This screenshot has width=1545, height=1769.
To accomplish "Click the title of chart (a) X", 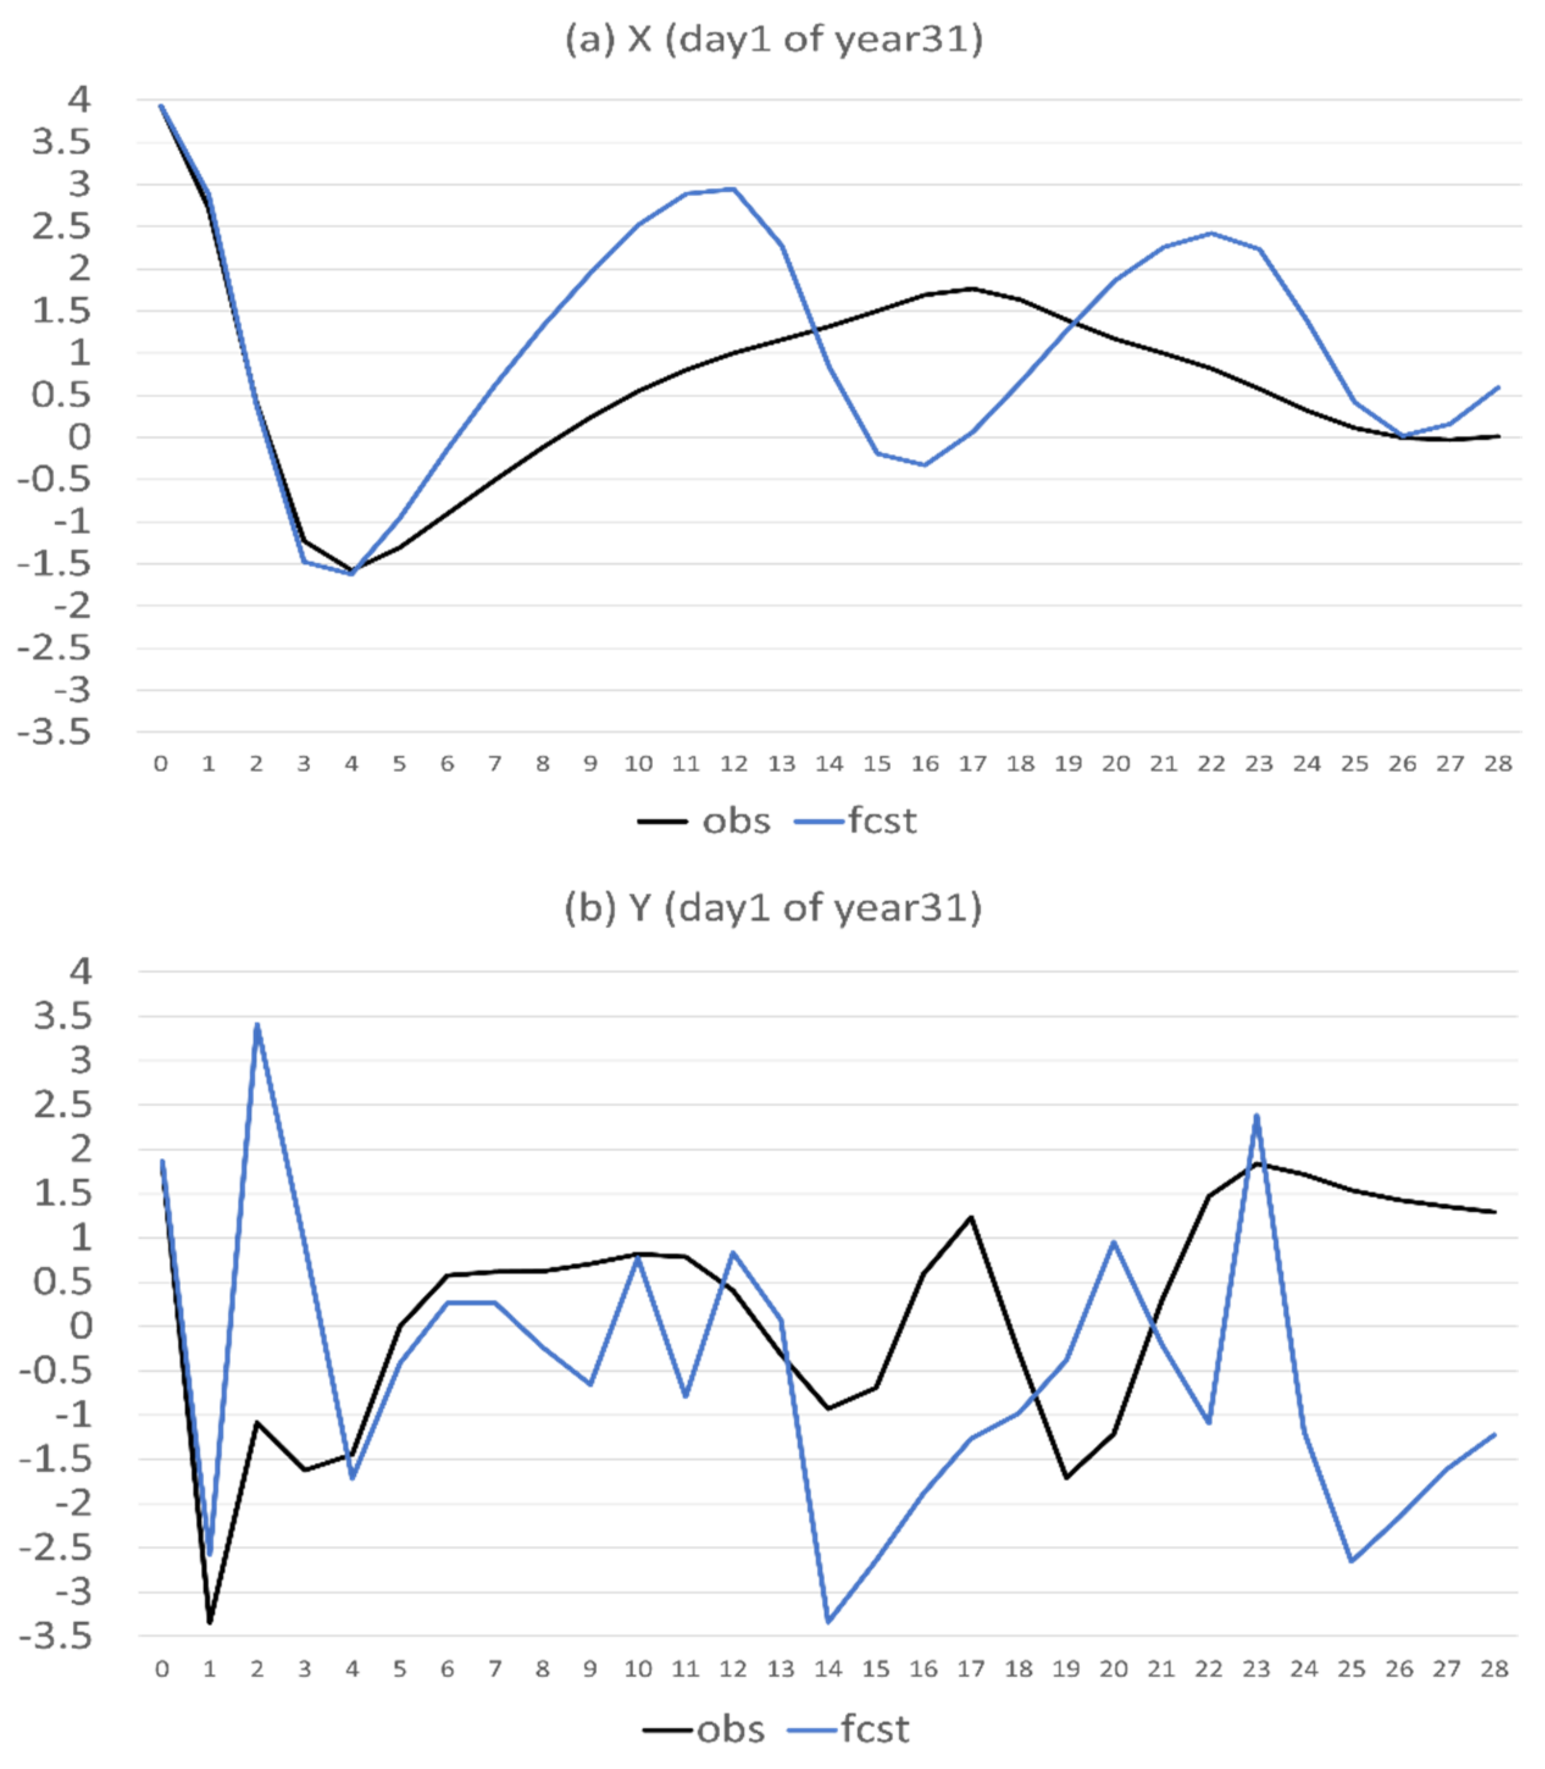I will tap(773, 40).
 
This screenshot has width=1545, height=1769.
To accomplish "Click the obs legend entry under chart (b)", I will tap(704, 1729).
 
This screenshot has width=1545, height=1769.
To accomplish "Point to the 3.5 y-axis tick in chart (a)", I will tap(60, 142).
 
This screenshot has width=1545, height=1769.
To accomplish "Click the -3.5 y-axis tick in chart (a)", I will tap(54, 733).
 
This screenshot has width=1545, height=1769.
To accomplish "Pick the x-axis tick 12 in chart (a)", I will tap(734, 764).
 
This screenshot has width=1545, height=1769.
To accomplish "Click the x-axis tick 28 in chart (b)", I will tap(1494, 1670).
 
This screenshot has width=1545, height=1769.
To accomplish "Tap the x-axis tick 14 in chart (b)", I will tap(828, 1670).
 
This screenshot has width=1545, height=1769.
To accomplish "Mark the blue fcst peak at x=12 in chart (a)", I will tap(734, 189).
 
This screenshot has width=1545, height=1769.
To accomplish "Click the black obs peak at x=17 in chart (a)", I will tap(972, 289).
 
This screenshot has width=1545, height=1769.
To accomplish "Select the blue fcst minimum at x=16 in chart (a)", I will tap(925, 465).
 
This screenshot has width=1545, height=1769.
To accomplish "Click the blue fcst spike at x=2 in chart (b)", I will tap(257, 1025).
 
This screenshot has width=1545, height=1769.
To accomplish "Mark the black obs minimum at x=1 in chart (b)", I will tap(209, 1623).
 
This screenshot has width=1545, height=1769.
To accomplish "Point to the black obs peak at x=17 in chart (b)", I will tap(971, 1218).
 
